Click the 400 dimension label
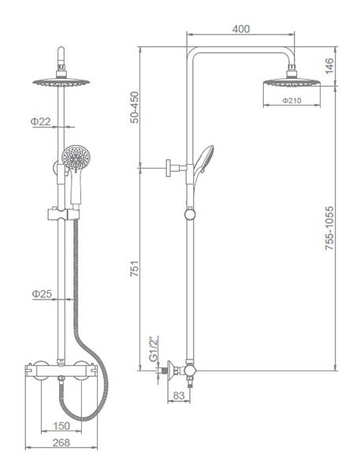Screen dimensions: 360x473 241,29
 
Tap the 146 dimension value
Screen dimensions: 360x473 329,66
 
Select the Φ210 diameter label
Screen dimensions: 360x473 291,101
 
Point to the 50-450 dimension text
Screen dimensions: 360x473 135,107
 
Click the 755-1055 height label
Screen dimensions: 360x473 329,228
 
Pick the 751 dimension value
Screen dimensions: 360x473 135,268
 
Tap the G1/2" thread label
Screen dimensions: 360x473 154,349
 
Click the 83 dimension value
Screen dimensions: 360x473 179,396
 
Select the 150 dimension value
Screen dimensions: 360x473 61,426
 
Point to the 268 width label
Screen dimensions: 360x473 61,442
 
